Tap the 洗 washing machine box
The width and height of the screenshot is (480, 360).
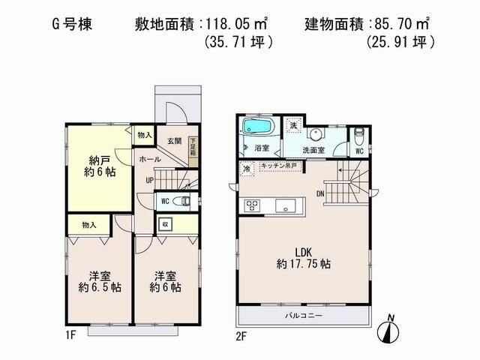(x=294, y=125)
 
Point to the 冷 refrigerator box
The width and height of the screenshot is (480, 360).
(x=247, y=169)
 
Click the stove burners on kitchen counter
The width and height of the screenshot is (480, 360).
(x=250, y=205)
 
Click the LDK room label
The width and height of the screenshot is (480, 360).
(x=303, y=256)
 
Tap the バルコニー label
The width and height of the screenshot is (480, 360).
(x=303, y=316)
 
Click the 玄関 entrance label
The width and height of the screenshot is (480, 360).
(x=174, y=140)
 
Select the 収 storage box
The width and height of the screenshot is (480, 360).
(x=165, y=223)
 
